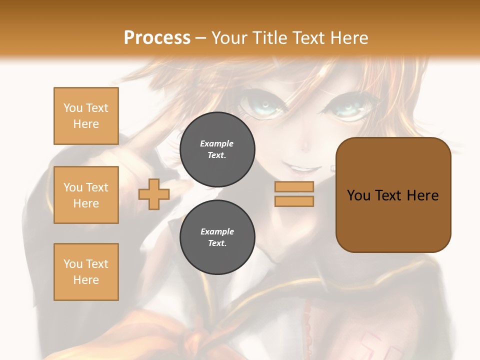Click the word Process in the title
coord(157,37)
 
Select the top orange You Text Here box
coord(86,116)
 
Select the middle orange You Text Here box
coord(86,195)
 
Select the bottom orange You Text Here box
coord(86,272)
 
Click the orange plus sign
coord(154,194)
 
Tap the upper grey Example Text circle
coord(217,149)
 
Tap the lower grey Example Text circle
coord(217,237)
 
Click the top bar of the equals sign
coord(294,186)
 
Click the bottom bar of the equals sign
coord(294,201)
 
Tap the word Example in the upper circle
coord(217,143)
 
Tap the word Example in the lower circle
coord(217,231)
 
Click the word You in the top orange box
coord(73,108)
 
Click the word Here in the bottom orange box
coord(86,280)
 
